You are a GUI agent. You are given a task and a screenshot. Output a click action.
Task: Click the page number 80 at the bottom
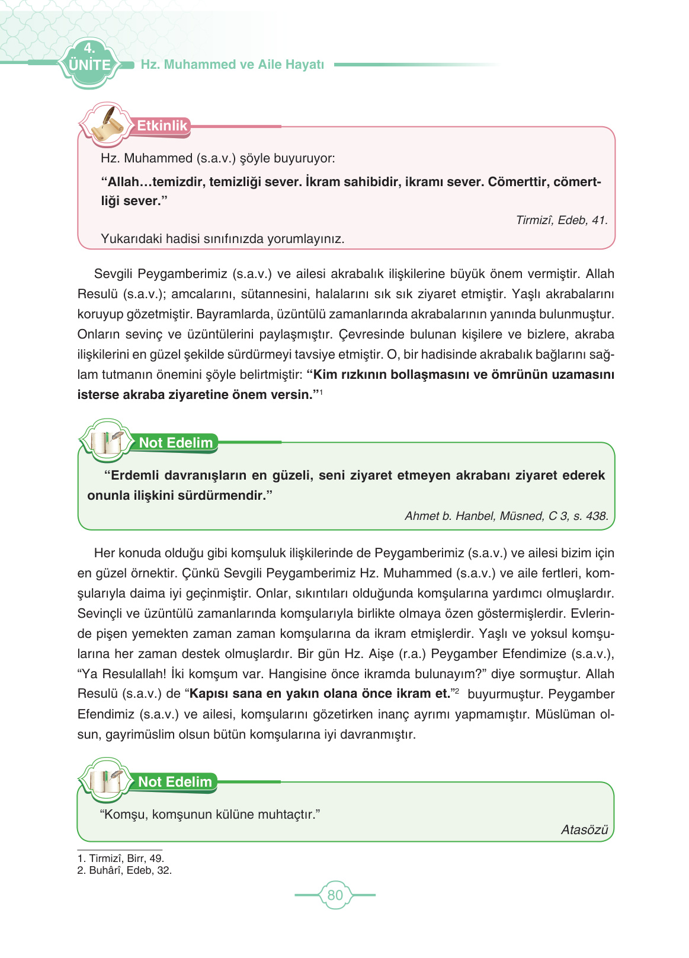point(335,895)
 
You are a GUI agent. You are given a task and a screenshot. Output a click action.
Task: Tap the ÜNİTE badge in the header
point(89,65)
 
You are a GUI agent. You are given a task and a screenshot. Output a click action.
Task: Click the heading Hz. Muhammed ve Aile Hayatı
point(232,65)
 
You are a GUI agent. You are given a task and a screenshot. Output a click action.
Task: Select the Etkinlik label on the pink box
point(162,126)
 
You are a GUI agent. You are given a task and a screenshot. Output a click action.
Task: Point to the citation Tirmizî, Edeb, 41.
point(561,220)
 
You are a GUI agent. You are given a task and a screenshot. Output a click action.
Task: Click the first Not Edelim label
point(175,443)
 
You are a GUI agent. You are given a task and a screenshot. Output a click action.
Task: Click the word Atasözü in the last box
point(584,829)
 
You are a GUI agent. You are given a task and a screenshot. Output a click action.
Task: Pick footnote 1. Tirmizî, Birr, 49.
point(121,858)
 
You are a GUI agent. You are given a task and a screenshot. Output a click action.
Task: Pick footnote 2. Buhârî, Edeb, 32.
point(124,870)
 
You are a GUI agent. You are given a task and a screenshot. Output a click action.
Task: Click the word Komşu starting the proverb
point(124,814)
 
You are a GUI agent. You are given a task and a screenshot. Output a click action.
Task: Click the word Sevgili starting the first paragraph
point(114,274)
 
